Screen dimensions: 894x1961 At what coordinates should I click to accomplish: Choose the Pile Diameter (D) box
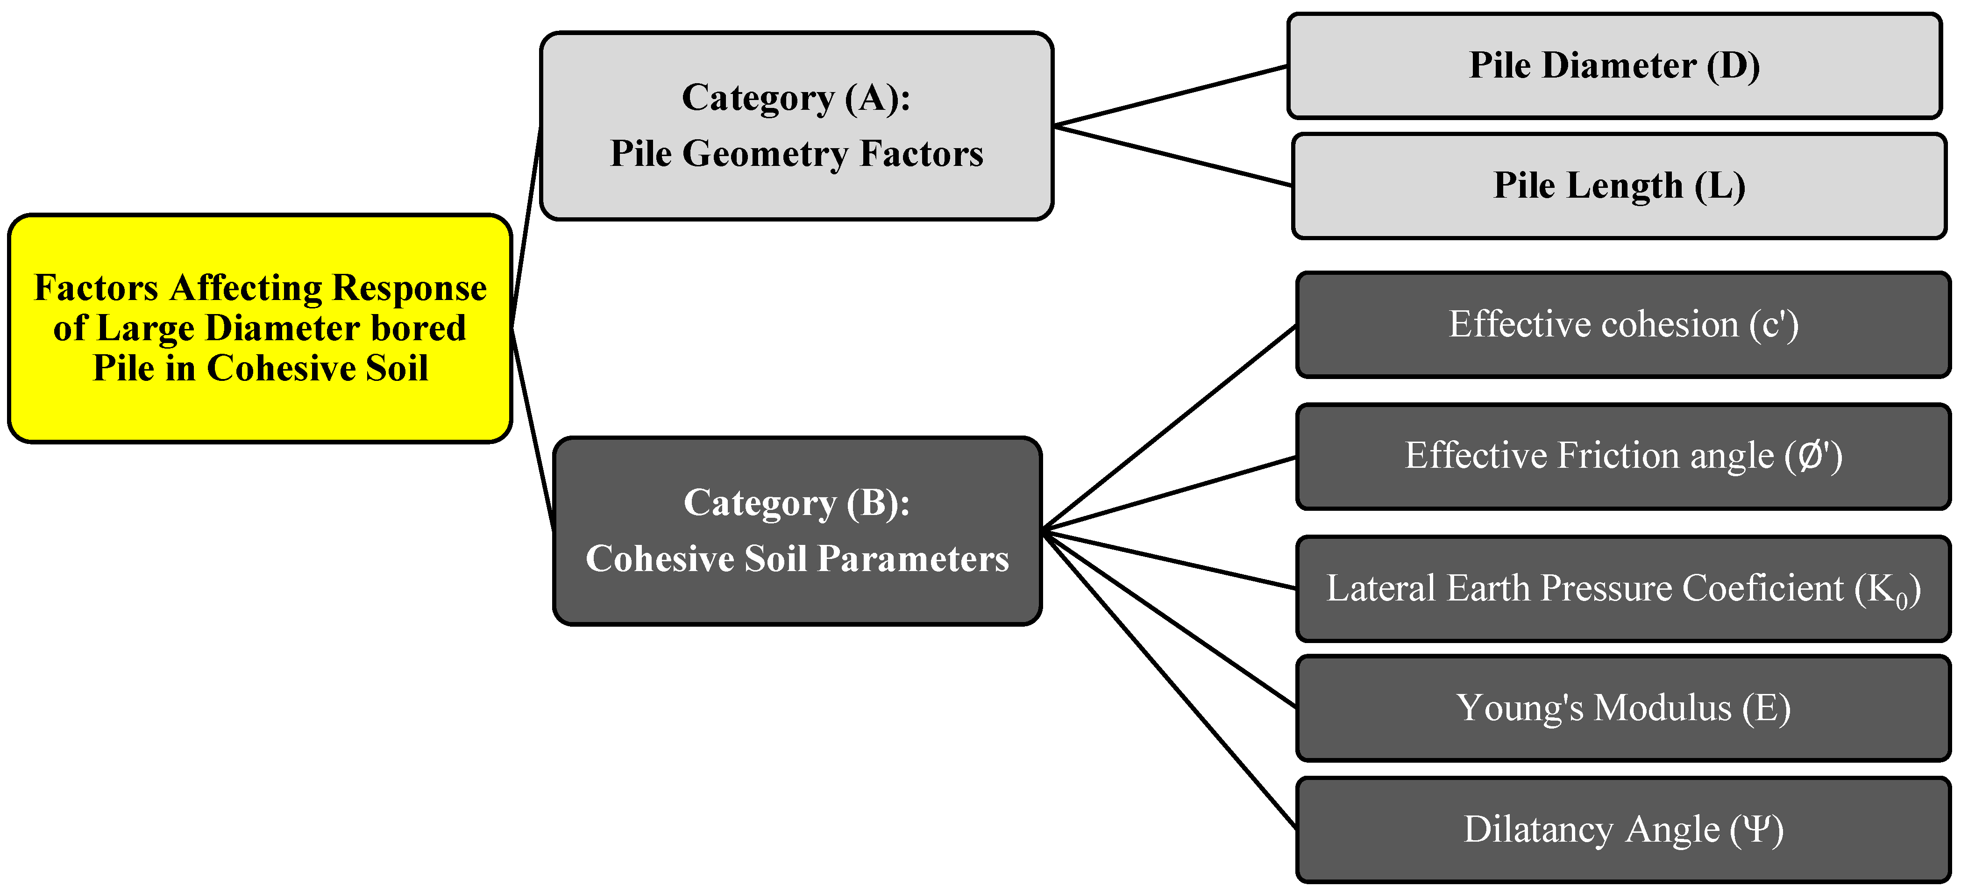(1614, 65)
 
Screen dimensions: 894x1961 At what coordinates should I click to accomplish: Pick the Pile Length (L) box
(1619, 186)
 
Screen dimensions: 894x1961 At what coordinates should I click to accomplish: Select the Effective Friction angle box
(1623, 456)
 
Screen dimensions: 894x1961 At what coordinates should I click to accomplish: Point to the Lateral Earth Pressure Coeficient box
(1623, 589)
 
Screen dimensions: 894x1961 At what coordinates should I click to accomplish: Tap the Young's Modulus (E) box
(1623, 708)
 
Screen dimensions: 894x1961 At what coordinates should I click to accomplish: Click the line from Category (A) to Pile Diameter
(1170, 96)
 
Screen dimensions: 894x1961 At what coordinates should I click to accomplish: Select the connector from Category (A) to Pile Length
(1172, 155)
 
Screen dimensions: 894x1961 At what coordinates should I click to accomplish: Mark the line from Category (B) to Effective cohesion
(1169, 427)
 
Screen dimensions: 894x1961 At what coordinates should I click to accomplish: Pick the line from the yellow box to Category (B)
(533, 429)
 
